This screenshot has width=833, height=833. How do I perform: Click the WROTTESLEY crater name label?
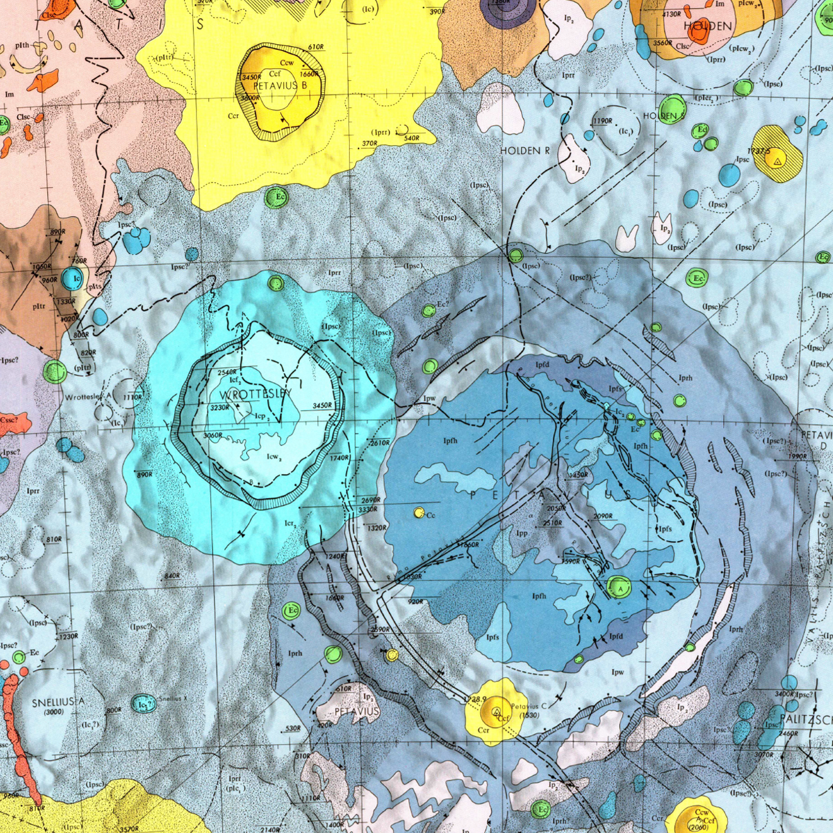tap(256, 394)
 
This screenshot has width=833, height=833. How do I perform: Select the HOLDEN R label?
tap(524, 151)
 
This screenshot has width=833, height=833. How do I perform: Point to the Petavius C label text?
tap(529, 706)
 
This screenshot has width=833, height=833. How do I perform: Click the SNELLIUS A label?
tap(58, 702)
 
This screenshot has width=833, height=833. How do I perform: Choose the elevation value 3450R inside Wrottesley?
tap(322, 406)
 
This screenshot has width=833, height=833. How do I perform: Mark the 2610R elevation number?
tap(379, 443)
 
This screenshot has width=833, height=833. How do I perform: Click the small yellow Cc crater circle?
tap(418, 513)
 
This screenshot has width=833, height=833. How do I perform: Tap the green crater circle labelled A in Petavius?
tap(617, 587)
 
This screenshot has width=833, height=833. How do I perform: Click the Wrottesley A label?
tap(88, 397)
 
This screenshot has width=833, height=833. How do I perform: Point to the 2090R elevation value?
tap(603, 516)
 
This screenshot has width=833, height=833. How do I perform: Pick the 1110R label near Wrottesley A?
tap(133, 398)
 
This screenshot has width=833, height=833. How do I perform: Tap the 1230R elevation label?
tap(68, 637)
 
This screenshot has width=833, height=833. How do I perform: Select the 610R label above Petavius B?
tap(316, 47)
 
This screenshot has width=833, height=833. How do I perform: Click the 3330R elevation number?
tap(368, 510)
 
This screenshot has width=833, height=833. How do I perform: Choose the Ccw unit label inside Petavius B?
tap(287, 62)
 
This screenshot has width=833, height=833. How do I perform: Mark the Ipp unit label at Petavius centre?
tap(522, 533)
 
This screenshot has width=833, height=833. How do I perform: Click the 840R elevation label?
tap(172, 576)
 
